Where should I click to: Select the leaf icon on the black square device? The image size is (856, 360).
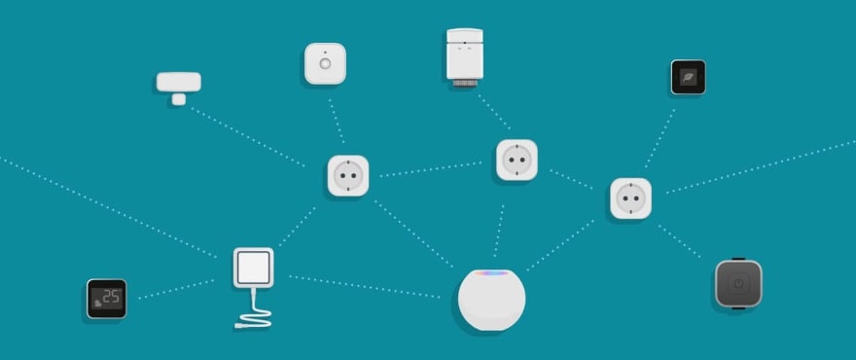pyautogui.click(x=688, y=76)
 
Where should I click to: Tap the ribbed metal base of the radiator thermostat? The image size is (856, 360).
pyautogui.click(x=465, y=85)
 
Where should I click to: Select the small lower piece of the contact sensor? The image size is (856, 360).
pyautogui.click(x=179, y=97)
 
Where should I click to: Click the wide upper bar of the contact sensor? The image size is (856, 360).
pyautogui.click(x=179, y=82)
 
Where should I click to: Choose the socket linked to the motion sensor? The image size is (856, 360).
pyautogui.click(x=347, y=175)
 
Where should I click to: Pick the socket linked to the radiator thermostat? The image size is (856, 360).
pyautogui.click(x=517, y=159)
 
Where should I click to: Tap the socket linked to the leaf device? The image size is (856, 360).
pyautogui.click(x=630, y=198)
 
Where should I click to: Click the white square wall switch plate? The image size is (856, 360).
pyautogui.click(x=253, y=267)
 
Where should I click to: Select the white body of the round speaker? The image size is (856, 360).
pyautogui.click(x=491, y=304)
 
